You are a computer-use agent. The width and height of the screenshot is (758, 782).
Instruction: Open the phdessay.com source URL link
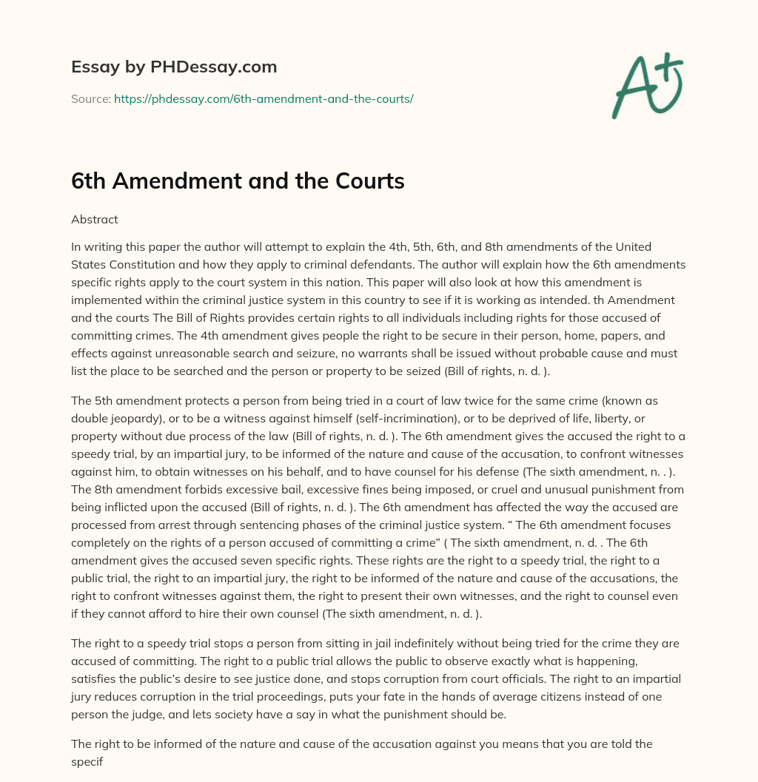tap(264, 98)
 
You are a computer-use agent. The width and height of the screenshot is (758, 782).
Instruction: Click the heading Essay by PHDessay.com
tap(174, 67)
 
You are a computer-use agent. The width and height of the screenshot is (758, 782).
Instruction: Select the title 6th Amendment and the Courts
tap(238, 181)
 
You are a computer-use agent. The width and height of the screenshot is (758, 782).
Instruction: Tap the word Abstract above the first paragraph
tap(94, 219)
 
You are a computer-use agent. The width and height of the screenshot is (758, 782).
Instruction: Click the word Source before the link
tap(90, 98)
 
